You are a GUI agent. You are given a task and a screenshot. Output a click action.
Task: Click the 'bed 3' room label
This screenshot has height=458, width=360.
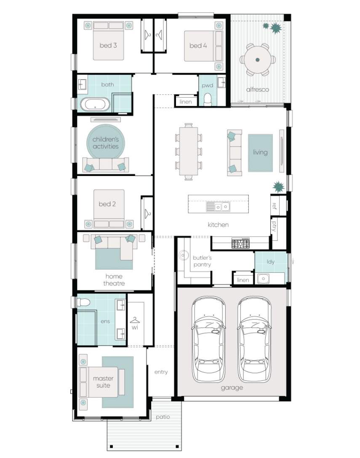[x=108, y=45]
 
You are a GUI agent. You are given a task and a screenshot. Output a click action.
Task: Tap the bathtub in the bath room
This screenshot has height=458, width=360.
[x=95, y=104]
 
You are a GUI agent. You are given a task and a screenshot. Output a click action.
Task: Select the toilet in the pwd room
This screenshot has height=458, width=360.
[x=208, y=99]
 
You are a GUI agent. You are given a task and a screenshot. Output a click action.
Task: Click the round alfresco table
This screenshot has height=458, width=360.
[x=257, y=60]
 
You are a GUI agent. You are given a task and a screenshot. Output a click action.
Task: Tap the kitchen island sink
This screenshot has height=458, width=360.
[x=218, y=207]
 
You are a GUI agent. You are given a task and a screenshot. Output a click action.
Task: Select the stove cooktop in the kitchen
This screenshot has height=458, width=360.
[x=240, y=243]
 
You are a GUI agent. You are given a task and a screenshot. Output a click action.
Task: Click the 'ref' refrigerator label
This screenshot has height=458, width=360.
[x=274, y=206]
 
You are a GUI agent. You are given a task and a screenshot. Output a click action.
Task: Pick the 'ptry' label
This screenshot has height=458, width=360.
[x=274, y=226]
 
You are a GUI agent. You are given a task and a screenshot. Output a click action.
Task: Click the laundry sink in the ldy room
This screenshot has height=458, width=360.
[x=263, y=279]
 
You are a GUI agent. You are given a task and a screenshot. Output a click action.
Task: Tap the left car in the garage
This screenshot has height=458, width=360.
[x=208, y=339]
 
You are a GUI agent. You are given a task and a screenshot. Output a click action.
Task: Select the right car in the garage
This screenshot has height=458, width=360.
[x=254, y=339]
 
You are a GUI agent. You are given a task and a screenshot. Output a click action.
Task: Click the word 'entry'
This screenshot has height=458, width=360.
[x=161, y=372]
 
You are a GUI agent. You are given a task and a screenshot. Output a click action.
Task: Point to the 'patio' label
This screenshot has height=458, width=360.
[x=163, y=417]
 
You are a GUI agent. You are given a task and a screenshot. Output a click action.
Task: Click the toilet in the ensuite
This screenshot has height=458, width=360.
[x=83, y=302]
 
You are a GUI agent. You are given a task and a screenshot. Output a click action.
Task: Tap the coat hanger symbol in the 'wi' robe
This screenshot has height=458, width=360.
[x=135, y=320]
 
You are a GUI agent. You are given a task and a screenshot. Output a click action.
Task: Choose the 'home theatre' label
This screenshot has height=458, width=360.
[x=114, y=280]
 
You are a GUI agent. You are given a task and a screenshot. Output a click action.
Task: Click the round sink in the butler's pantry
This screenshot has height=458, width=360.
[x=183, y=255]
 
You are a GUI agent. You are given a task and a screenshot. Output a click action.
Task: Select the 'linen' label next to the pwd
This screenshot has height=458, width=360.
[x=186, y=101]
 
